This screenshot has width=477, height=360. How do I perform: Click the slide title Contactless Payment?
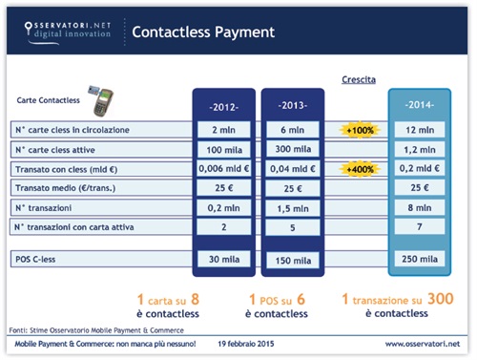202,32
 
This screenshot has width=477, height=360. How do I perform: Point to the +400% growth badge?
360,168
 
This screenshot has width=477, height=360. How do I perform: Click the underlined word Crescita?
359,82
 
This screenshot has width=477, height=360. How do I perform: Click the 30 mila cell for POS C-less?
224,259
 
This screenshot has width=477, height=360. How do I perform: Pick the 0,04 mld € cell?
294,168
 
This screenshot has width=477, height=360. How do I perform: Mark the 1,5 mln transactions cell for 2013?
294,206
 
